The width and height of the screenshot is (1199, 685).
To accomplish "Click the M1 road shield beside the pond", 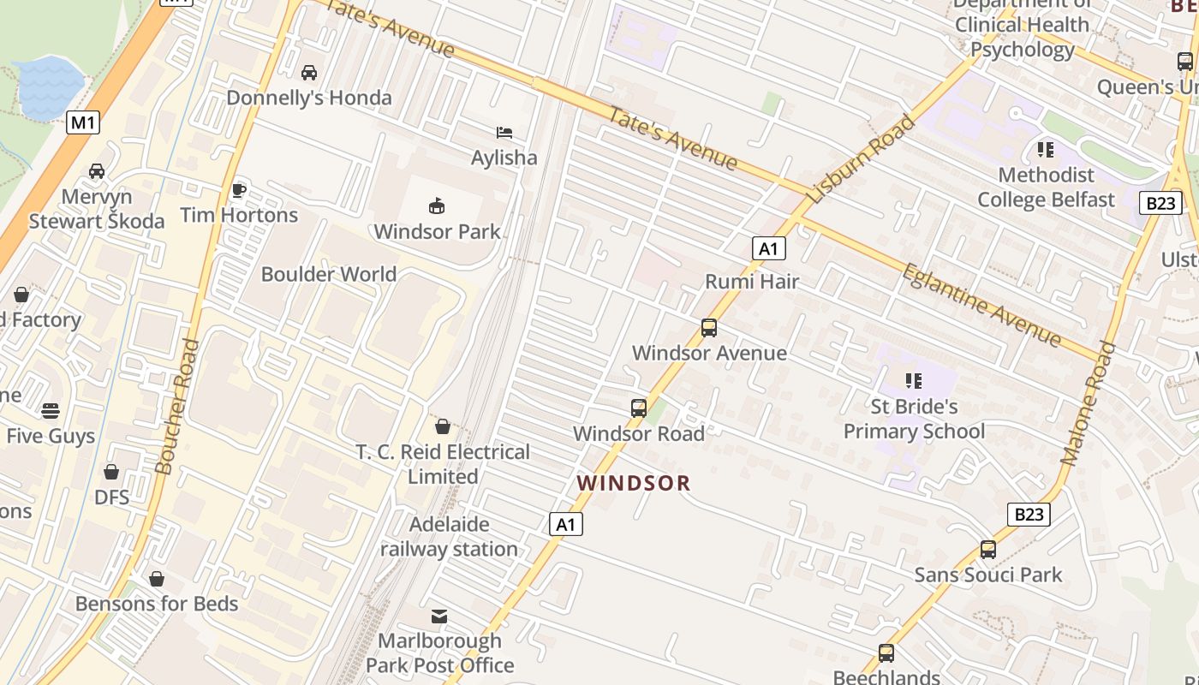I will tap(83, 122).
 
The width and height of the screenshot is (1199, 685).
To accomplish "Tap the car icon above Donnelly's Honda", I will tap(309, 73).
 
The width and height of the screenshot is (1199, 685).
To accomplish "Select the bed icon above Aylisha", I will tap(504, 132).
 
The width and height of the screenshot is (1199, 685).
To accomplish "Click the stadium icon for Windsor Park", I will tap(437, 205).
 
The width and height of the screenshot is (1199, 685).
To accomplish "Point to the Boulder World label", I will tap(329, 274).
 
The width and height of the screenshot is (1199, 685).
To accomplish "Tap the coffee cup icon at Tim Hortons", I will tap(238, 189).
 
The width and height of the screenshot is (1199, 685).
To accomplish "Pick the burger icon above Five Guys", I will tap(51, 410).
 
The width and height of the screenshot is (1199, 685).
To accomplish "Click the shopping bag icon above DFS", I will tap(111, 472).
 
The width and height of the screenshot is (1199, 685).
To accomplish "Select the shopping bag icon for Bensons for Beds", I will tap(156, 579).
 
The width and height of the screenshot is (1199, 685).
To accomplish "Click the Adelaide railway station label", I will tap(450, 537).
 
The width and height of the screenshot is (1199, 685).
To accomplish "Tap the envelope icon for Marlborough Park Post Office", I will tap(439, 616).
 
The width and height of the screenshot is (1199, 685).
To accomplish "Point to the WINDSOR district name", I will tap(634, 483).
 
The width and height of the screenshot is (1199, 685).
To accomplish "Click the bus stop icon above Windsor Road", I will tap(639, 408).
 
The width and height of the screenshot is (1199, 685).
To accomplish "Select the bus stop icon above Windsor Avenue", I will tap(709, 327).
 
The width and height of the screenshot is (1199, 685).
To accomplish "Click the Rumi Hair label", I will tap(751, 281).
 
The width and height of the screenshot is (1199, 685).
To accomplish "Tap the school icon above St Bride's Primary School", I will tap(914, 380).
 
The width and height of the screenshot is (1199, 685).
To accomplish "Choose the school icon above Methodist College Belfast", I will tap(1046, 150).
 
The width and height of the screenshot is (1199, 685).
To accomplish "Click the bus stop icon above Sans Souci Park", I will tap(988, 550).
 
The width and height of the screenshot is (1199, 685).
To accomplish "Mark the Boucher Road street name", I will tap(179, 406).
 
